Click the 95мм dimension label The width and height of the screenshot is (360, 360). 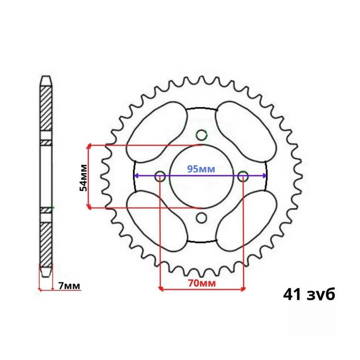pos(201,169)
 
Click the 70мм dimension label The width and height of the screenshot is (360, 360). pos(201,283)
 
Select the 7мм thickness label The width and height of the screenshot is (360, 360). pos(68,286)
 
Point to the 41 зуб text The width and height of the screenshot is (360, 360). pos(309,294)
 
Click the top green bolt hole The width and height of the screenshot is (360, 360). pos(201,135)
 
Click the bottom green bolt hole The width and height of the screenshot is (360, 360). pos(201,217)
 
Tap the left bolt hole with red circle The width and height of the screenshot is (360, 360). pos(160,176)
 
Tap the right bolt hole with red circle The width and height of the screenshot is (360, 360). pos(243,176)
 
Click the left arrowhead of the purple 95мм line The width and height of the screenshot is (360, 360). pos(136,176)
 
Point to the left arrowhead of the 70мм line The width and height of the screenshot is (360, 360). pos(161,287)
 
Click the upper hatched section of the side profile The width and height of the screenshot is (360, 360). pos(46,109)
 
